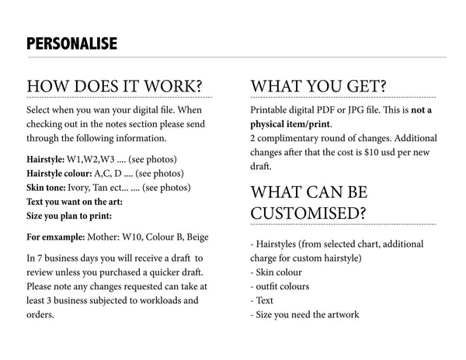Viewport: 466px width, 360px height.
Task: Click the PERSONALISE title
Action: click(x=71, y=43)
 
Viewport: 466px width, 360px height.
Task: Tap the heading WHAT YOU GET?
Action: click(x=318, y=85)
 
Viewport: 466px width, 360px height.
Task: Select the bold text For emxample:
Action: click(x=59, y=237)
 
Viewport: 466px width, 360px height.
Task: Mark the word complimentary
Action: click(x=294, y=138)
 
